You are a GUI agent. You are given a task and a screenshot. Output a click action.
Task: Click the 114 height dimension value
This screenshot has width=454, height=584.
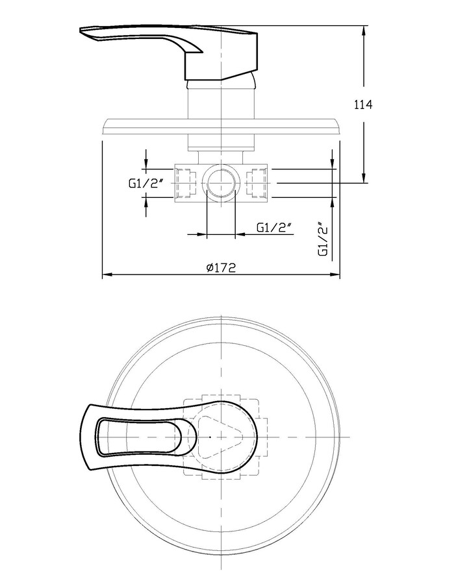point(362,104)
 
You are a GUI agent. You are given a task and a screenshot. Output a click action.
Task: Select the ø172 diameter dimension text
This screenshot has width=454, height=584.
point(221,267)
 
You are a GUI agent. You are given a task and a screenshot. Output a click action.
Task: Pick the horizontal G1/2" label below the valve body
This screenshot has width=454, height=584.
point(274,227)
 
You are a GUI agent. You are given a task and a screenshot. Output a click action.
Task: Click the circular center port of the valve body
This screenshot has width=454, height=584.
point(221,183)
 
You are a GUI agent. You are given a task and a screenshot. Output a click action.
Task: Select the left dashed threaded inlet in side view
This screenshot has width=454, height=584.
point(185,183)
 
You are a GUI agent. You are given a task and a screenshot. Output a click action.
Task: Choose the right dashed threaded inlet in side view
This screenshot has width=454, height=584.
point(257,183)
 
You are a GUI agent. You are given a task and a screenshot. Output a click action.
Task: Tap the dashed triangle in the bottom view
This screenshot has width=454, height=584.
point(220,437)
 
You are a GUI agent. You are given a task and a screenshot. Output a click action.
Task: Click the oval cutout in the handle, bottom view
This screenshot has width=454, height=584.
point(140,437)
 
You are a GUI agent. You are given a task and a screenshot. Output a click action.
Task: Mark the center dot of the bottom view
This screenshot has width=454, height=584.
point(210,437)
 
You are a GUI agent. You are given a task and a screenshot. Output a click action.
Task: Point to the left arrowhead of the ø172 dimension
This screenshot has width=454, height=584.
point(107,275)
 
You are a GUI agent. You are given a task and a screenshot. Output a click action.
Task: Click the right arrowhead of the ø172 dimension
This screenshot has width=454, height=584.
point(335,275)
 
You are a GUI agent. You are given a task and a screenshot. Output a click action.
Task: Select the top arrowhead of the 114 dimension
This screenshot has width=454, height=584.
point(364,30)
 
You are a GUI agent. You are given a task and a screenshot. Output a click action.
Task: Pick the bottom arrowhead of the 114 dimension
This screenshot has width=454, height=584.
point(364,178)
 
